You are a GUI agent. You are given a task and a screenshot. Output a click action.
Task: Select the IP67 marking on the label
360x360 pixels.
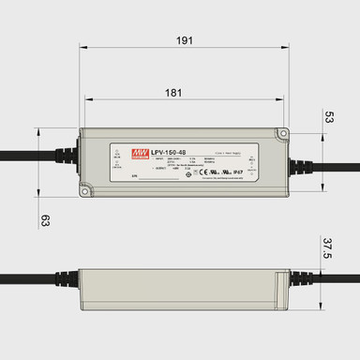pyautogui.click(x=238, y=173)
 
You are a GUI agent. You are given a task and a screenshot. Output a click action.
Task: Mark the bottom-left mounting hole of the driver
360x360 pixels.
pyautogui.click(x=84, y=191)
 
